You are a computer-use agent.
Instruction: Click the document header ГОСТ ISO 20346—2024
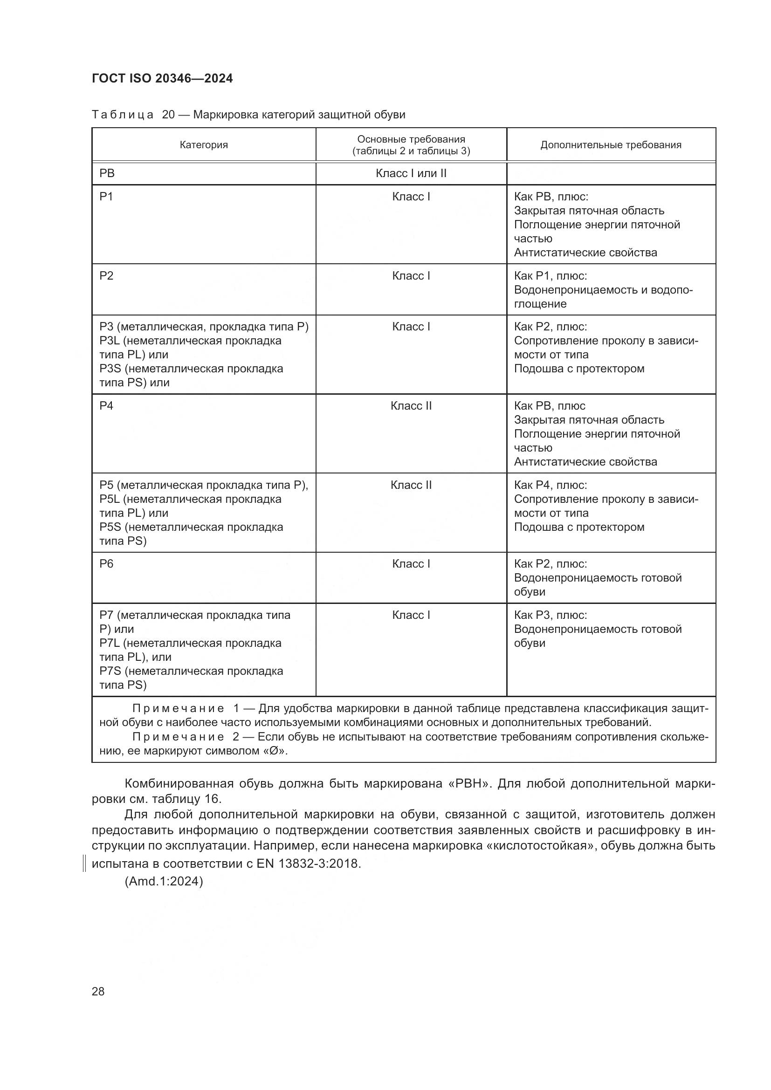(162, 78)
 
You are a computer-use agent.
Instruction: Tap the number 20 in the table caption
(168, 115)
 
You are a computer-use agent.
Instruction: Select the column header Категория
(204, 145)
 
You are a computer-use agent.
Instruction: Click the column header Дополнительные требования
(611, 145)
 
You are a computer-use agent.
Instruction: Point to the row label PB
(107, 173)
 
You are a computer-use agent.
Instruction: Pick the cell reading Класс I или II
(411, 173)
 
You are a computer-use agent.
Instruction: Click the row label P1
(106, 197)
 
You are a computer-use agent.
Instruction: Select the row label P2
(106, 276)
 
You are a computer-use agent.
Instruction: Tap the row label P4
(106, 406)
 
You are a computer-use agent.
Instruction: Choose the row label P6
(106, 564)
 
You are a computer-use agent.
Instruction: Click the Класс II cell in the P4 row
(411, 406)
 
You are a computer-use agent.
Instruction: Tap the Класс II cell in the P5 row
(411, 485)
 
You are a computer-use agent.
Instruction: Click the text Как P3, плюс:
(550, 615)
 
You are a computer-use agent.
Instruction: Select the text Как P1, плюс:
(550, 276)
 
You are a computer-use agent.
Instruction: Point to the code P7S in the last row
(111, 671)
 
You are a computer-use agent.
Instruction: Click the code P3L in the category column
(110, 341)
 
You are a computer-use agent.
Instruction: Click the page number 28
(98, 991)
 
